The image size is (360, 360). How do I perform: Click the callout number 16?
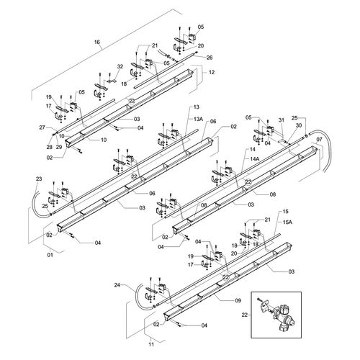pyautogui.click(x=96, y=42)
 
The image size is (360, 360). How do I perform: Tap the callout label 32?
pyautogui.click(x=120, y=66)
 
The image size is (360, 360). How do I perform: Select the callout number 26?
pyautogui.click(x=210, y=58)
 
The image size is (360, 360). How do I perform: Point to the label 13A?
pyautogui.click(x=198, y=119)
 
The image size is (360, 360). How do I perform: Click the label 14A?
pyautogui.click(x=255, y=158)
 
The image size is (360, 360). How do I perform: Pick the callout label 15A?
pyautogui.click(x=287, y=222)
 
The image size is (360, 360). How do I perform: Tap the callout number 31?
pyautogui.click(x=282, y=120)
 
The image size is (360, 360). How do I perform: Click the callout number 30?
pyautogui.click(x=299, y=125)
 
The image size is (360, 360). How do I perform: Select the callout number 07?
pyautogui.click(x=320, y=140)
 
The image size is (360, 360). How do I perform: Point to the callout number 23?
pyautogui.click(x=39, y=179)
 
